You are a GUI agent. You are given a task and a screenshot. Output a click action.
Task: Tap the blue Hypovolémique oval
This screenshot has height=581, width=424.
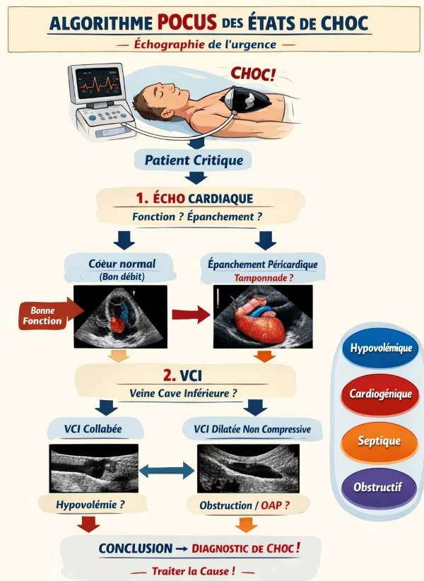pyautogui.click(x=380, y=349)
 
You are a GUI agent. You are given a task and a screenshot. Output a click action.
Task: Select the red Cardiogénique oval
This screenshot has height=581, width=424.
pyautogui.click(x=380, y=394)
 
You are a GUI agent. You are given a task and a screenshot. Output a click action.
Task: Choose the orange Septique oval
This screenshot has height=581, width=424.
pyautogui.click(x=380, y=440)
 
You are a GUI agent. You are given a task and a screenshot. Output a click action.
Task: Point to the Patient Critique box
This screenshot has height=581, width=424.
pyautogui.click(x=194, y=160)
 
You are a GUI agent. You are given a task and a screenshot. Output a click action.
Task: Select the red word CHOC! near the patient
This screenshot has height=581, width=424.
pyautogui.click(x=254, y=73)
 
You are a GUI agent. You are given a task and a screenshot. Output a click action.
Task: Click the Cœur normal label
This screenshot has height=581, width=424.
pyautogui.click(x=122, y=264)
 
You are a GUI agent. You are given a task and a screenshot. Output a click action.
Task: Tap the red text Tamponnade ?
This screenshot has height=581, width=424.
pyautogui.click(x=263, y=278)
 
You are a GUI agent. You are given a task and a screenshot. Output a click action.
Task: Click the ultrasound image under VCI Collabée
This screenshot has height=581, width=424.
pyautogui.click(x=94, y=468)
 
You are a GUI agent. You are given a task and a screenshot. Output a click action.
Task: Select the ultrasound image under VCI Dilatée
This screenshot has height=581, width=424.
pyautogui.click(x=248, y=468)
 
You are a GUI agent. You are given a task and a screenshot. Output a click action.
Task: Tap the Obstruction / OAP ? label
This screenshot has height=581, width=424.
pyautogui.click(x=245, y=505)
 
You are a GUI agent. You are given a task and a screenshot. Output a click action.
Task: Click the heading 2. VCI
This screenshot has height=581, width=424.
pyautogui.click(x=185, y=375)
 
